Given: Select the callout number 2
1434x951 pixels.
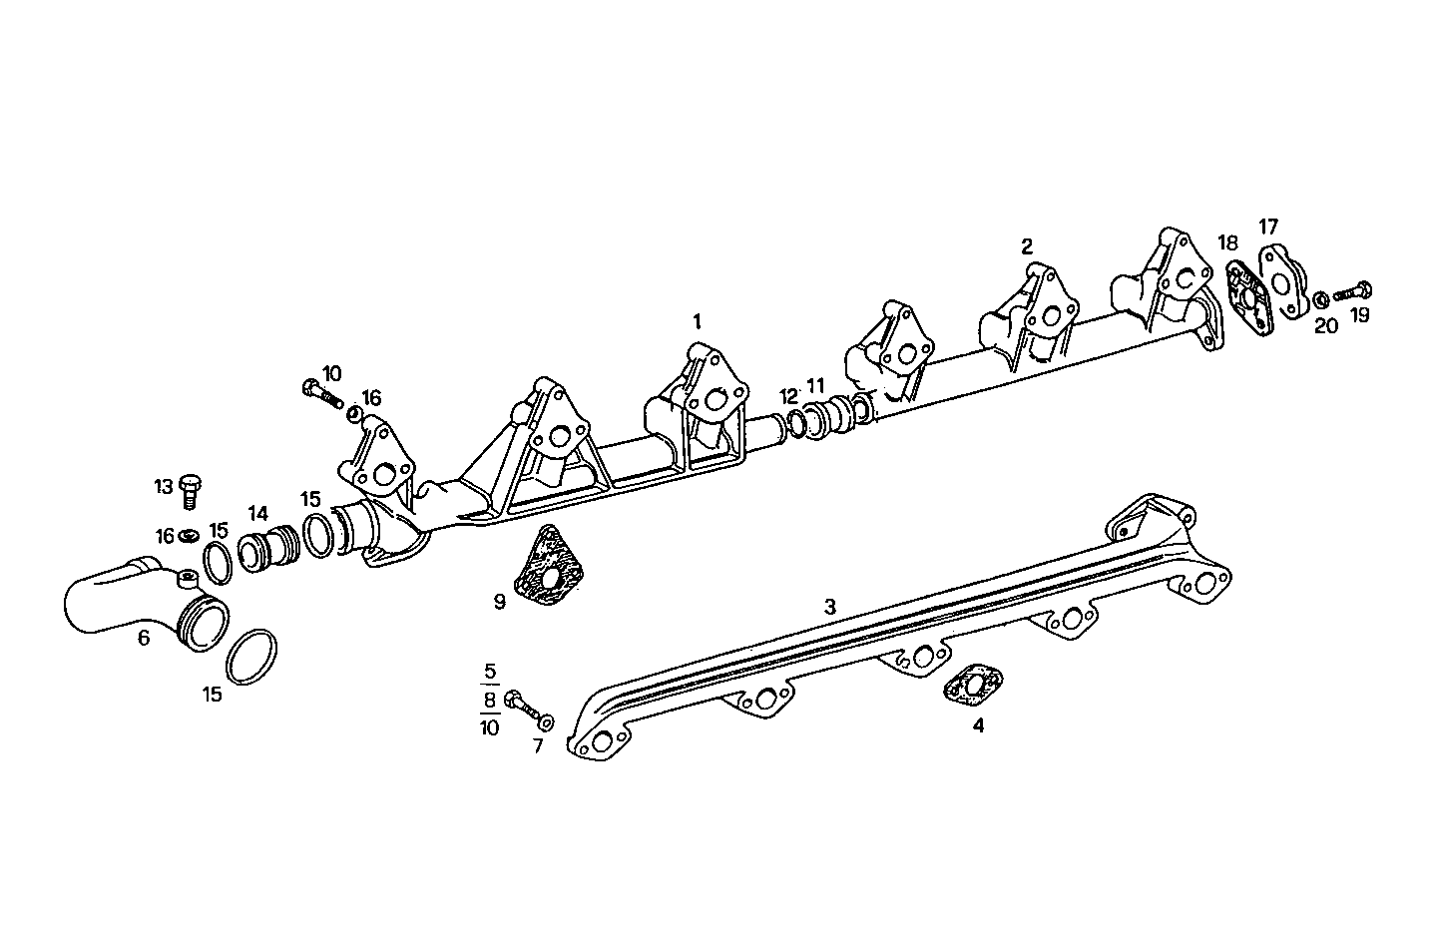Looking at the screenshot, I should click(x=1027, y=244).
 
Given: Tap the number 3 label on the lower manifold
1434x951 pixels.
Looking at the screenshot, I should click(x=829, y=606).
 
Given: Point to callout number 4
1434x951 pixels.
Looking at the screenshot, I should click(x=978, y=725).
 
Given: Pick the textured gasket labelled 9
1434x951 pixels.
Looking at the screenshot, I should click(x=547, y=566).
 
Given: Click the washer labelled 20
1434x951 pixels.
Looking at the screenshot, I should click(x=1320, y=298).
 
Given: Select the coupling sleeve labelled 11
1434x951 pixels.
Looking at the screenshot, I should click(x=828, y=418).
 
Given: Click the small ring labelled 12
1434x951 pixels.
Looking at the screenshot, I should click(x=796, y=423).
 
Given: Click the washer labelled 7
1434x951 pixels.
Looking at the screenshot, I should click(x=545, y=720).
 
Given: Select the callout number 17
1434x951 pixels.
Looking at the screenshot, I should click(x=1267, y=228).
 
